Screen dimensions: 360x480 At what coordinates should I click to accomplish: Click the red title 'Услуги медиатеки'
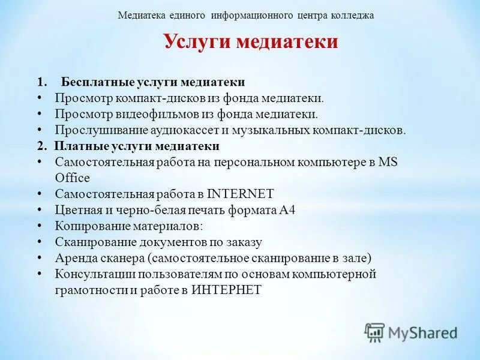pos(250,41)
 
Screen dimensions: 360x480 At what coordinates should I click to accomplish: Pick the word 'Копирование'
pos(89,226)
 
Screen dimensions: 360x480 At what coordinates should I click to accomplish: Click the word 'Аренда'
pos(74,259)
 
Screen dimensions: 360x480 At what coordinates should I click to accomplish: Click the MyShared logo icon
pos(374,332)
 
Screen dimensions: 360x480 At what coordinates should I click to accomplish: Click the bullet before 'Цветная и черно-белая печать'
pos(39,210)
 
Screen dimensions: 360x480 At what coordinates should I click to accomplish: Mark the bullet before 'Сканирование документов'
pos(39,242)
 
